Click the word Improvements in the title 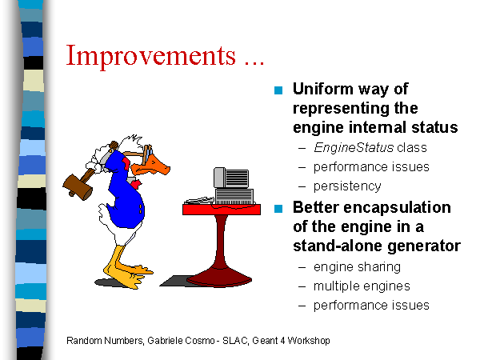coord(151,56)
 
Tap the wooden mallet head coord(78,186)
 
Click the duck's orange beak coord(151,166)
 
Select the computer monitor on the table coord(231,178)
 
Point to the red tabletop coord(222,210)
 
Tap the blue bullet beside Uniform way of coord(278,90)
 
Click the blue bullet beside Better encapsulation coord(278,209)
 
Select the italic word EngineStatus coord(354,148)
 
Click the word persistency coord(347,186)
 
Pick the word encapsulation coord(397,208)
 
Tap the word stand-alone coord(334,246)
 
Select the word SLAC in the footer coord(235,341)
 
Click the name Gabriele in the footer coord(166,341)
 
